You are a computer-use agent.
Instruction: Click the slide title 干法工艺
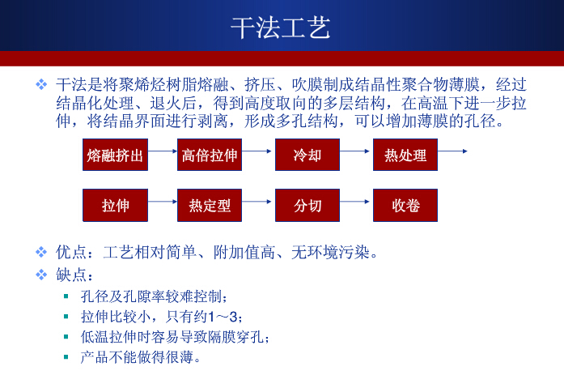[x=281, y=28]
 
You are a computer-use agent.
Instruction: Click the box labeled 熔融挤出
[x=116, y=155]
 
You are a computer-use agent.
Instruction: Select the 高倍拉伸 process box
[x=210, y=155]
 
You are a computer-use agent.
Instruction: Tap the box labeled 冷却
[x=307, y=155]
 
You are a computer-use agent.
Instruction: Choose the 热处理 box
[x=405, y=155]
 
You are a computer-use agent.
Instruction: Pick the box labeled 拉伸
[x=116, y=205]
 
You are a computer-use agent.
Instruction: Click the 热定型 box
[x=210, y=205]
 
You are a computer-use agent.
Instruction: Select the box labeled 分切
[x=307, y=205]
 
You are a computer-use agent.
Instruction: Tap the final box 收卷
[x=405, y=205]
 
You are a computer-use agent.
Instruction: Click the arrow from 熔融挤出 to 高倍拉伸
[x=163, y=151]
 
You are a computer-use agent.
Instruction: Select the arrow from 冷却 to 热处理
[x=355, y=151]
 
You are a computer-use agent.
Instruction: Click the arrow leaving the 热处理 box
[x=452, y=151]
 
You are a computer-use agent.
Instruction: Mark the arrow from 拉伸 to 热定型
[x=163, y=201]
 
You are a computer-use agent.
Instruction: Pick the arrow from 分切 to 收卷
[x=355, y=201]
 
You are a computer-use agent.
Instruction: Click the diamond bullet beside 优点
[x=42, y=253]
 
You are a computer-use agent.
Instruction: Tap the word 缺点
[x=70, y=275]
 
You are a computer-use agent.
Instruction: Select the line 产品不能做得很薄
[x=141, y=356]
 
